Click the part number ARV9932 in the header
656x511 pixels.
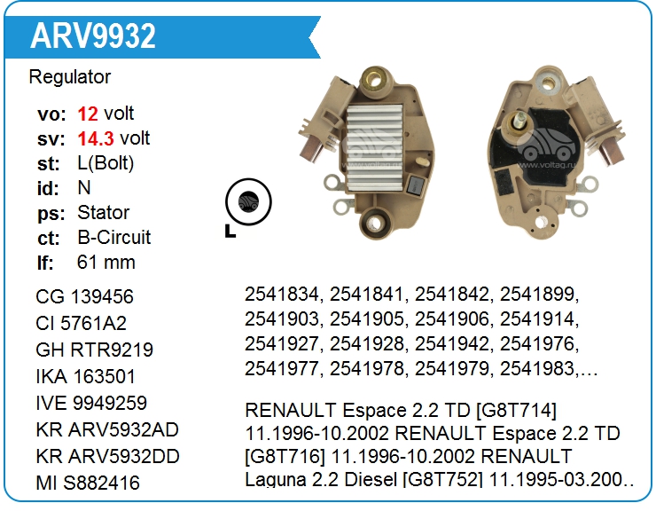(93, 35)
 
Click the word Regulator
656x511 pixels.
(70, 77)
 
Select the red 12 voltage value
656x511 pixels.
(88, 114)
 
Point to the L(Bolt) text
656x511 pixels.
(106, 163)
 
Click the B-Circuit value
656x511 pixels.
(114, 238)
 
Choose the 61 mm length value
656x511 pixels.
(106, 263)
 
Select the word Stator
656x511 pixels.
(104, 213)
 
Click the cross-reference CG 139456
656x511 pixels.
(85, 297)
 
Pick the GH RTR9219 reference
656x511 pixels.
(95, 350)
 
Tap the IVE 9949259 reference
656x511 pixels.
(92, 404)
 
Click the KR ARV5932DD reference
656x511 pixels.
(108, 456)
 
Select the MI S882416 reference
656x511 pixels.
(88, 483)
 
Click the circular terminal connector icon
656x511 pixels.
(247, 200)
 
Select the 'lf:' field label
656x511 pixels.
(45, 263)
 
